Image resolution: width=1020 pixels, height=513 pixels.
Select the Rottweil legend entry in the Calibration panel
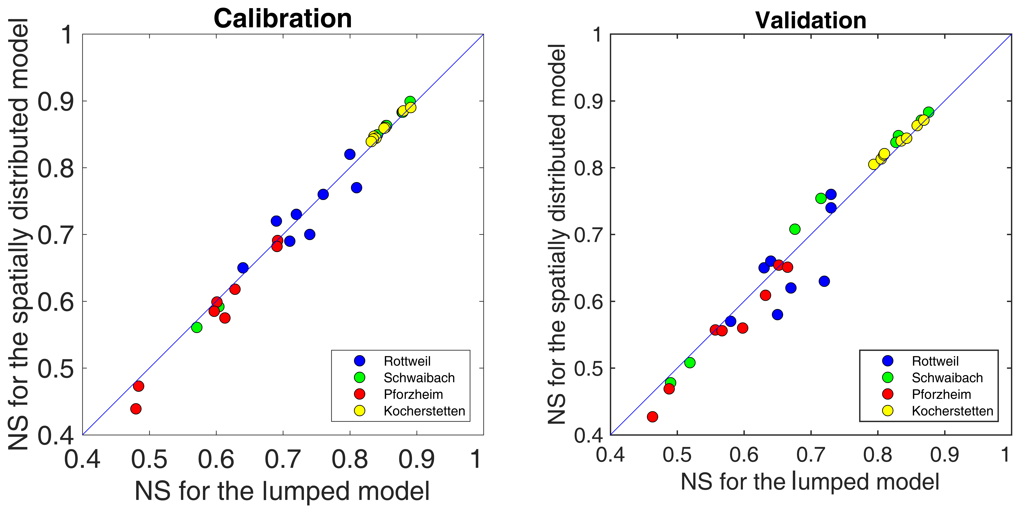[x=407, y=361]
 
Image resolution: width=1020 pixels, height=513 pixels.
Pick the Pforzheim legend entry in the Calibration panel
[x=413, y=394]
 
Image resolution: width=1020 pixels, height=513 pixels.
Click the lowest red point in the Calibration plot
[x=136, y=409]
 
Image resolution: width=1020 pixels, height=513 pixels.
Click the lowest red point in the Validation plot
[x=653, y=417]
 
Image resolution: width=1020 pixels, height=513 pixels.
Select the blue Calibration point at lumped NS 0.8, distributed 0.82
[x=350, y=154]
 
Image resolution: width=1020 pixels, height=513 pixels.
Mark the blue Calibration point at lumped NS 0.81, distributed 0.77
[x=356, y=187]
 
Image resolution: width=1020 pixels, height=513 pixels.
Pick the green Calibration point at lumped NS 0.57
[x=197, y=327]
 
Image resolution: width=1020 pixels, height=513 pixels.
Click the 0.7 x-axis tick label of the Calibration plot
[x=283, y=460]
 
